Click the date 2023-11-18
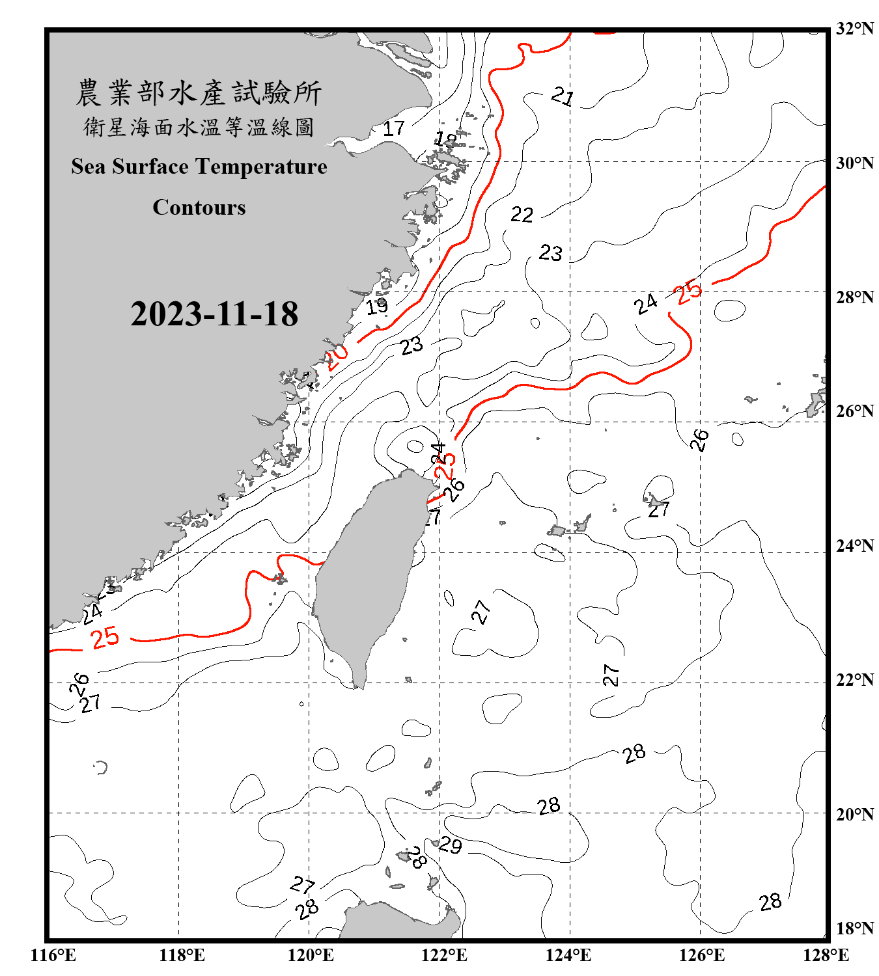point(214,314)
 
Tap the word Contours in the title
point(199,208)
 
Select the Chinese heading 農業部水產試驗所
point(199,92)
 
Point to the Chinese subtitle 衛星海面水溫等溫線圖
point(199,127)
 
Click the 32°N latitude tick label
point(854,29)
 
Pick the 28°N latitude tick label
point(854,297)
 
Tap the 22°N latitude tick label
point(854,680)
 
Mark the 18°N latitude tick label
point(854,928)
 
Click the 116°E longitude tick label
point(53,955)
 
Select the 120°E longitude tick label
point(311,955)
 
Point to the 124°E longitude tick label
point(568,955)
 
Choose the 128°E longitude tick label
point(826,955)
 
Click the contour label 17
point(393,128)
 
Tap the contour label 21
point(563,97)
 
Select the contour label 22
point(522,214)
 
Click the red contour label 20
point(337,357)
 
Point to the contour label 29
point(450,845)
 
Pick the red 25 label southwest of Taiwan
point(105,637)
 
